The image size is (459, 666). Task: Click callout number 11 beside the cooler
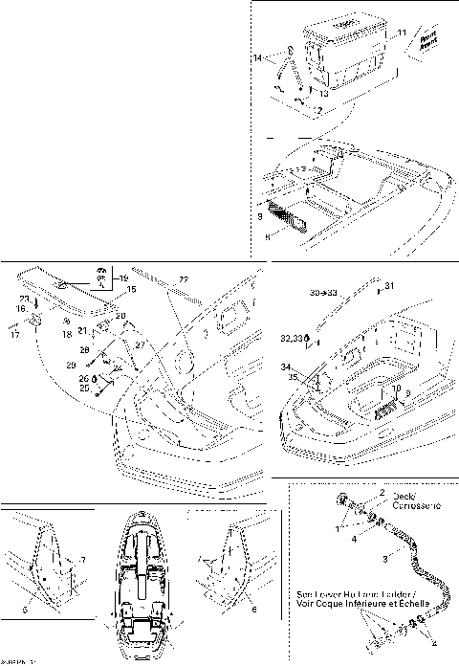pyautogui.click(x=402, y=33)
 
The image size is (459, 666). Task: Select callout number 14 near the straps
pyautogui.click(x=256, y=59)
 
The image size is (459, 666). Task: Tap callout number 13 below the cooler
pyautogui.click(x=324, y=94)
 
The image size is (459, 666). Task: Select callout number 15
pyautogui.click(x=132, y=288)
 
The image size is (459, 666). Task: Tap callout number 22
pyautogui.click(x=184, y=278)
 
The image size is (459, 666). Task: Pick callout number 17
pyautogui.click(x=15, y=335)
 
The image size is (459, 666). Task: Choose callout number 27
pyautogui.click(x=140, y=344)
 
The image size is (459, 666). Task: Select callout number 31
pyautogui.click(x=388, y=285)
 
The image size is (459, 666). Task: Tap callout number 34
pyautogui.click(x=286, y=366)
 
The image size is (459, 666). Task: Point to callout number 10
pyautogui.click(x=396, y=389)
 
